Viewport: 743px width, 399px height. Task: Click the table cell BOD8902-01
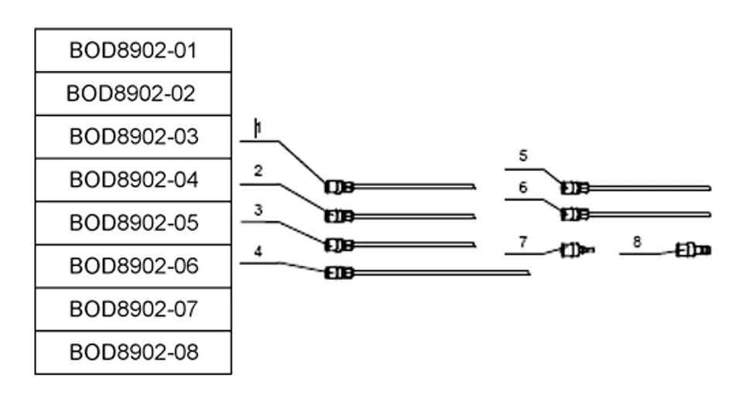tap(133, 50)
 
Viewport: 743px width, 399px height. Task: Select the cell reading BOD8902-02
tap(133, 94)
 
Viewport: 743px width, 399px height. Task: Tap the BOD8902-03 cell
tap(133, 137)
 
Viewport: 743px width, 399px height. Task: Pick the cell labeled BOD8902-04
tap(133, 180)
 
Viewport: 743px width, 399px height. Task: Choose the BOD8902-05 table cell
tap(133, 223)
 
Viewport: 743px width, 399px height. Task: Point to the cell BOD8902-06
tap(133, 266)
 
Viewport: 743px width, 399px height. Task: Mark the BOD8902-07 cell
tap(133, 309)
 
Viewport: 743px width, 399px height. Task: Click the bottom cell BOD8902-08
tap(133, 352)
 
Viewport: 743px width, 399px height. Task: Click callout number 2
tap(258, 171)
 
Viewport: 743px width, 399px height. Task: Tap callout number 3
tap(259, 210)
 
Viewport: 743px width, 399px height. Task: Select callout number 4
tap(258, 251)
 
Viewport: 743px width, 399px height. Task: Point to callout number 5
tap(523, 155)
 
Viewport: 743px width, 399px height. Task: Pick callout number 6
tap(522, 187)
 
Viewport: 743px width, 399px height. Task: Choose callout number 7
tap(522, 242)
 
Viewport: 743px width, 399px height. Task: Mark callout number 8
tap(637, 242)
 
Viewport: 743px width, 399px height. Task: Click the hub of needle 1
tap(339, 187)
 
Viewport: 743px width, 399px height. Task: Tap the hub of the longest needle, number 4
tap(339, 273)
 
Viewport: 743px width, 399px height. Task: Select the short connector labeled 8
tap(693, 250)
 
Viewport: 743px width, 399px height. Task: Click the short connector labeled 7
tap(577, 250)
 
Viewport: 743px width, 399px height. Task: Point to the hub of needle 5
tap(575, 188)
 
